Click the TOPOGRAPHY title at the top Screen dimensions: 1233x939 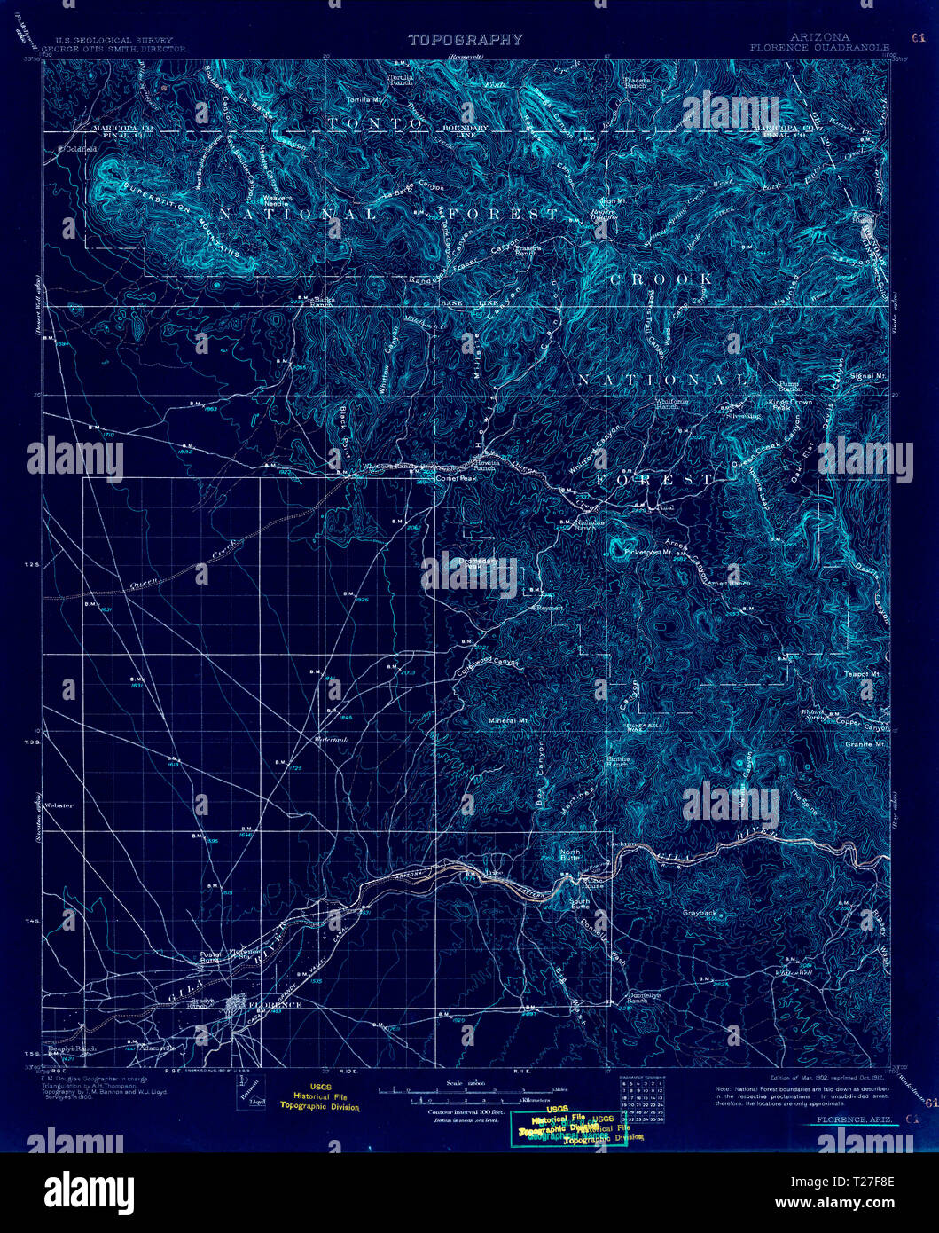pos(465,40)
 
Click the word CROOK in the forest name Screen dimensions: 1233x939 pos(661,279)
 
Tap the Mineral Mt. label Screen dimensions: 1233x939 pos(508,720)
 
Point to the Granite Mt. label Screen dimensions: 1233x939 pos(865,744)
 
